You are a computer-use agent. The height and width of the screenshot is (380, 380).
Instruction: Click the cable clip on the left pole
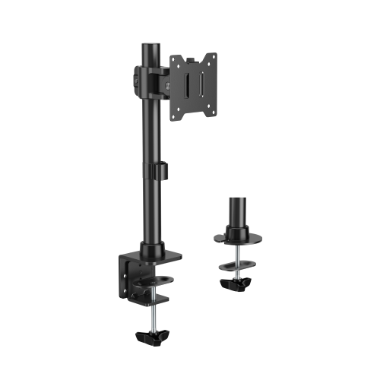[161, 172]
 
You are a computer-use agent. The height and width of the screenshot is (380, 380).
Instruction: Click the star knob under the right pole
[237, 280]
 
